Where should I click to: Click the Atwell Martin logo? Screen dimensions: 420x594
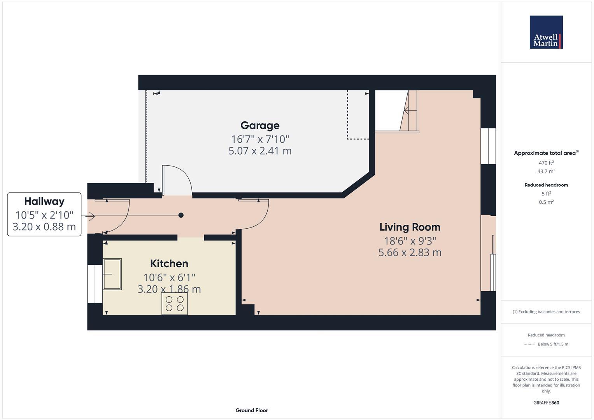click(546, 32)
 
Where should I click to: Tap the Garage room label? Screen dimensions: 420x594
click(260, 126)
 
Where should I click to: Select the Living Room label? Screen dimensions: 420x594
click(410, 227)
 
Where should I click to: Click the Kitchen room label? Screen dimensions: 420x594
click(169, 264)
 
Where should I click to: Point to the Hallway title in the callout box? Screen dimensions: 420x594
click(44, 201)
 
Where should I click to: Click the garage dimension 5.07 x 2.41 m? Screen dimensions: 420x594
click(260, 151)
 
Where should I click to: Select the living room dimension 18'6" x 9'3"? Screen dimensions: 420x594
click(410, 241)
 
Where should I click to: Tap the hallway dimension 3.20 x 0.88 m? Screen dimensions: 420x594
click(44, 227)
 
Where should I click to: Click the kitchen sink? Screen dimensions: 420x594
click(112, 274)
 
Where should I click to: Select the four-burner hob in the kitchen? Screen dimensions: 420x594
click(175, 303)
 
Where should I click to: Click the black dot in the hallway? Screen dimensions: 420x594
click(181, 215)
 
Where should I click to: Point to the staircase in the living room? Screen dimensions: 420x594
click(408, 111)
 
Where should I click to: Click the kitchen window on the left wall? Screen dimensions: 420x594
click(95, 284)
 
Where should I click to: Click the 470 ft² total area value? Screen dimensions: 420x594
click(546, 163)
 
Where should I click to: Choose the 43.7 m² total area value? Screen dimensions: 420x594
click(546, 171)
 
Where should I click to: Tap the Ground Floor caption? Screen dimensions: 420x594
click(252, 410)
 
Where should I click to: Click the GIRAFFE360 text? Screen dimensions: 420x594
click(546, 402)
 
